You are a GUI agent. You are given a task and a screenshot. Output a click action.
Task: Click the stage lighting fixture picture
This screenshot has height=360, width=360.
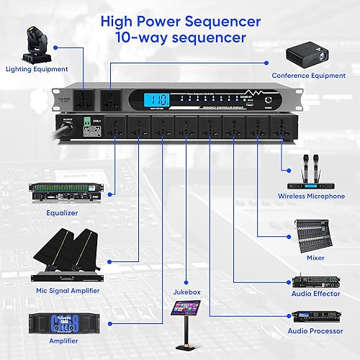pos(37,44)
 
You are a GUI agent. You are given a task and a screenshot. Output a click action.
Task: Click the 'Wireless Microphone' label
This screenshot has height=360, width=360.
pos(312,196)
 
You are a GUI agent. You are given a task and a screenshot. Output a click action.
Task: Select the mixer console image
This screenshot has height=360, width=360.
pos(312,235)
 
